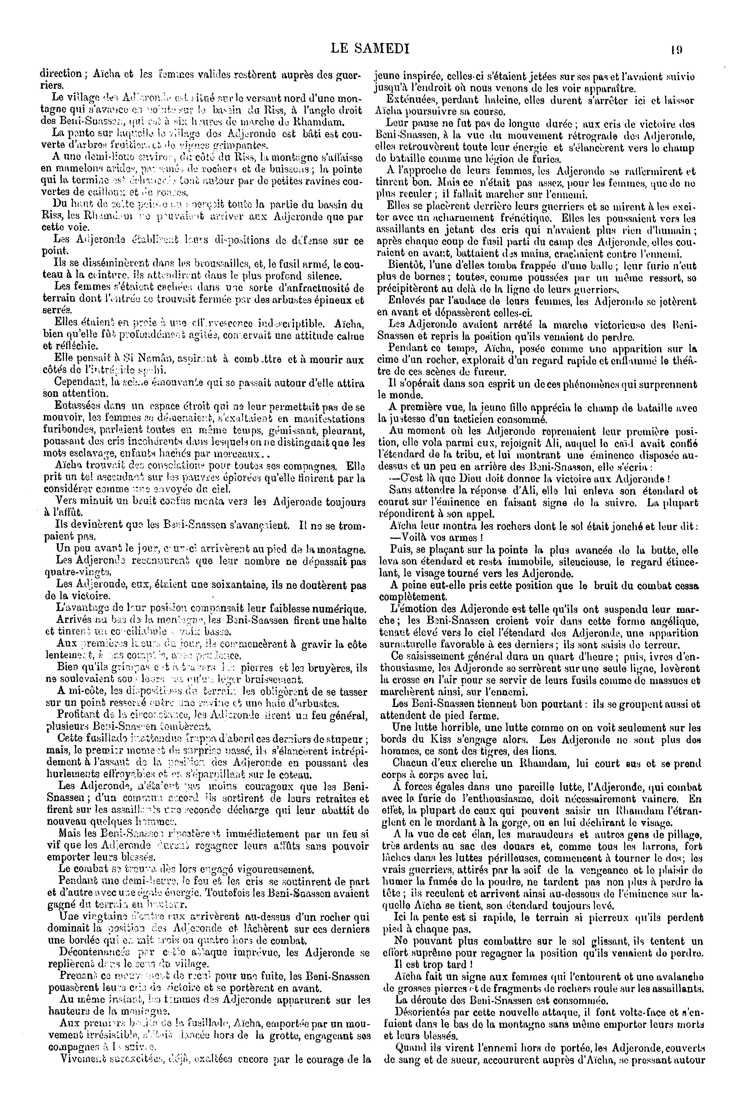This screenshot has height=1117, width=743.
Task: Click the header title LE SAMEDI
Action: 371,49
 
